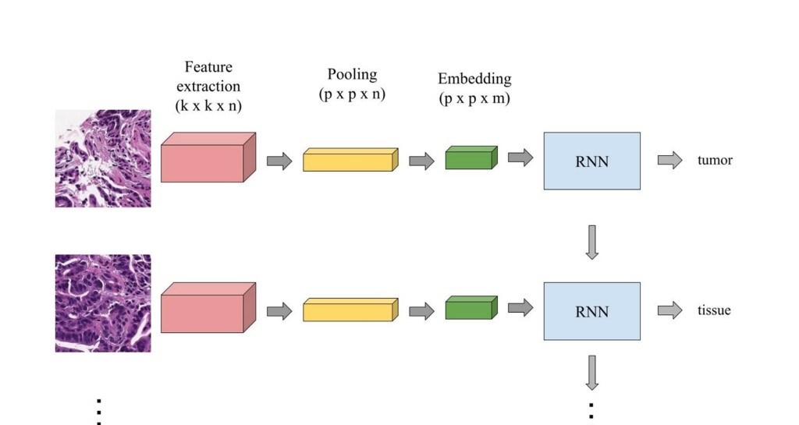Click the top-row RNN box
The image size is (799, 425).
[591, 161]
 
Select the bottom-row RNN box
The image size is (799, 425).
[591, 311]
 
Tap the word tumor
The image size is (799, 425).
[715, 161]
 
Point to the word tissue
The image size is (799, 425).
[714, 310]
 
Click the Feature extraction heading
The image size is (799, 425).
[208, 76]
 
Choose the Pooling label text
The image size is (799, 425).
[352, 74]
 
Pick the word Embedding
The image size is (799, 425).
[474, 79]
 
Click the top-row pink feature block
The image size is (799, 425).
[208, 158]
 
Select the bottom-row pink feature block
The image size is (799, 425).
[208, 307]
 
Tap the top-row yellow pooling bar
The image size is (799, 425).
[350, 159]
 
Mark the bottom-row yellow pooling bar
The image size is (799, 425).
[350, 310]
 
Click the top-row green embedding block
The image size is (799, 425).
[471, 158]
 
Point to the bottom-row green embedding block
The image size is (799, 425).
[471, 307]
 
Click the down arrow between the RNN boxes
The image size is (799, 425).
[591, 243]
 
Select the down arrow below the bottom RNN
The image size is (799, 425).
[591, 373]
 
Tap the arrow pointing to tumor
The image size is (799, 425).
[669, 160]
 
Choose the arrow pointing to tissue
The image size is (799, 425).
[669, 310]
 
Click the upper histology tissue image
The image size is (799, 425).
[103, 158]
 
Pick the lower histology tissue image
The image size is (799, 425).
[103, 303]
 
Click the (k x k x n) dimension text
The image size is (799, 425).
[208, 106]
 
